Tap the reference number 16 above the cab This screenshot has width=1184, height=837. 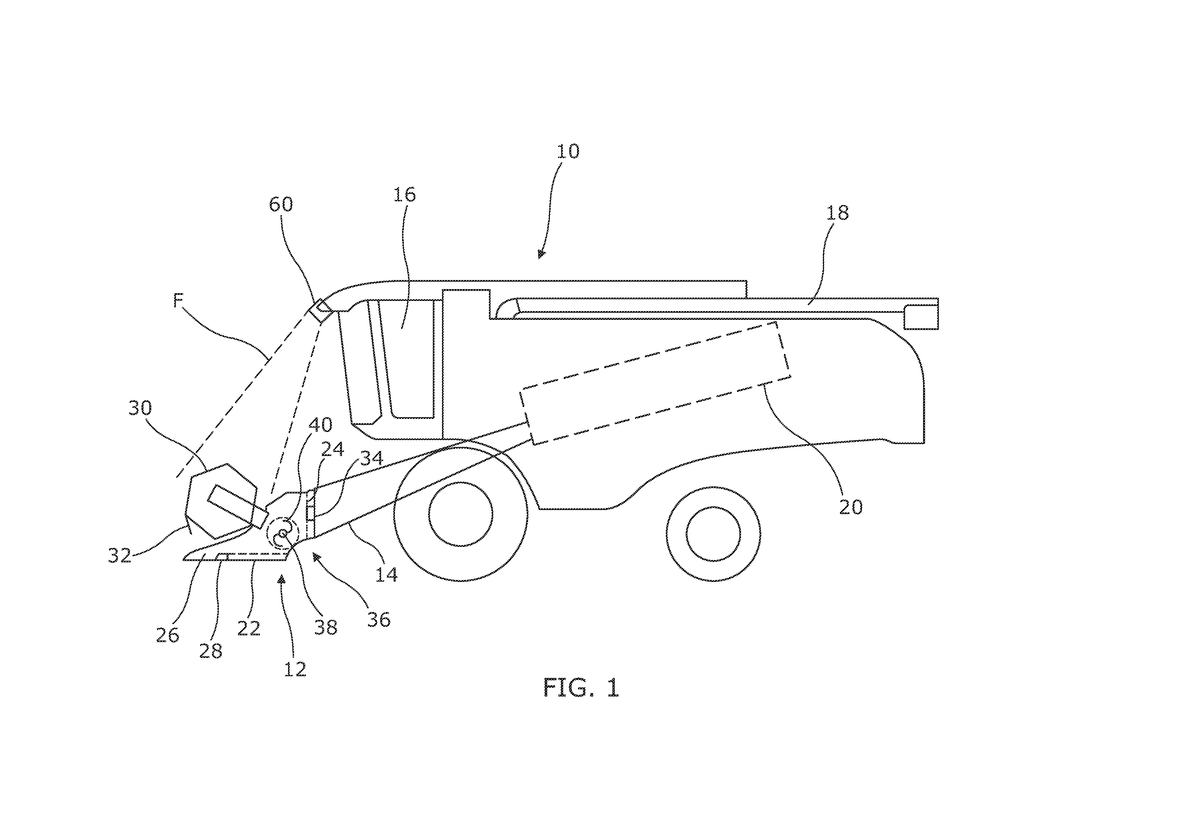404,195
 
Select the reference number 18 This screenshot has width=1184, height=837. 838,212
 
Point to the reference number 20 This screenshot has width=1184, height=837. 851,507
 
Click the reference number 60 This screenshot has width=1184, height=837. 281,204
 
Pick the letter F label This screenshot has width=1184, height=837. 178,300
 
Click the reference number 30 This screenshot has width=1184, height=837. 140,408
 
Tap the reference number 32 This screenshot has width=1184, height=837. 120,555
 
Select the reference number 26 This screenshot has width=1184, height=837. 167,635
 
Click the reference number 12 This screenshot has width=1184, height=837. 295,669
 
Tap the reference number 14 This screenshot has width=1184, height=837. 386,574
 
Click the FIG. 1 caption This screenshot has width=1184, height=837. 581,687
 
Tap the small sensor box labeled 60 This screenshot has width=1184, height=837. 321,311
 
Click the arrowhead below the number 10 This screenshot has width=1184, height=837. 541,254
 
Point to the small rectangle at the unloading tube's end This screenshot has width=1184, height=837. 921,317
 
